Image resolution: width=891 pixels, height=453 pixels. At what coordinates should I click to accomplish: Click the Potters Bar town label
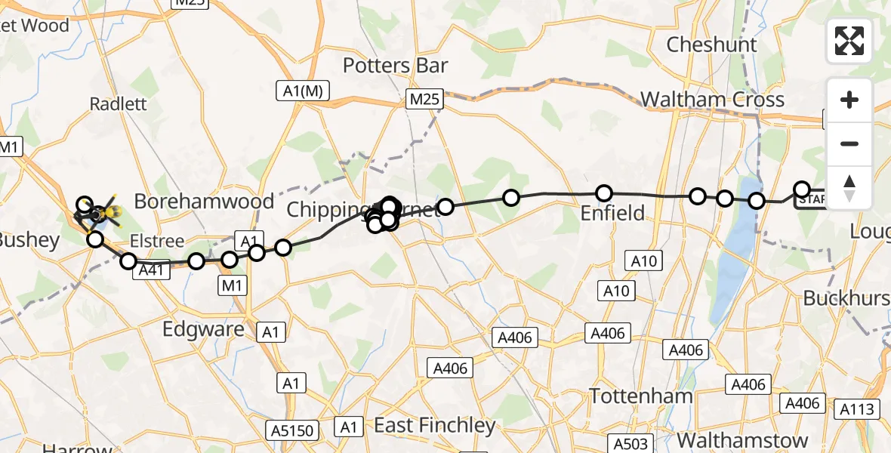point(396,66)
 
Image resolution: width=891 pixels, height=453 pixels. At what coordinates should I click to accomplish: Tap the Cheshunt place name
point(711,45)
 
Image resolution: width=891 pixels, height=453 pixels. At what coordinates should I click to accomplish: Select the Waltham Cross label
point(712,100)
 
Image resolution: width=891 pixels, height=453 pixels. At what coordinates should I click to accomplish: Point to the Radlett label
point(118,104)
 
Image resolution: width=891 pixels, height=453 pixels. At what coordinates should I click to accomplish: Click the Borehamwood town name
point(204,202)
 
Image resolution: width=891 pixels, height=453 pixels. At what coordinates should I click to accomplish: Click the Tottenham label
point(641,396)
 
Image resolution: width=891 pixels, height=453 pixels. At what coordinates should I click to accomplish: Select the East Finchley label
point(435,426)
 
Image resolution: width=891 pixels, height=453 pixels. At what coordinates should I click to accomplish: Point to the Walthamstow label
point(742,440)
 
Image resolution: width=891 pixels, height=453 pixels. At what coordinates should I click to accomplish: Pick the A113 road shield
point(859,410)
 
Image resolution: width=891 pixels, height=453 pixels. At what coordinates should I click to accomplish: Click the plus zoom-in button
point(849,100)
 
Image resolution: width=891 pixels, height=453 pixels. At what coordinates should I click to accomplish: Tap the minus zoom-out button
point(849,143)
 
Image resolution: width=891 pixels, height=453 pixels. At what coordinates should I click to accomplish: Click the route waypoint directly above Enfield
point(604,193)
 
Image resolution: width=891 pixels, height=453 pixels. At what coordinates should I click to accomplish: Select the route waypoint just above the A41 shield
point(128,261)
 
